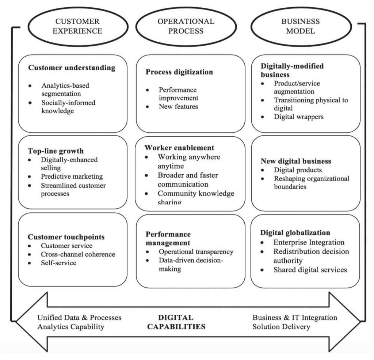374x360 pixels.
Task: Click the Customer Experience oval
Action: pyautogui.click(x=77, y=26)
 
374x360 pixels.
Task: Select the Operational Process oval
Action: pyautogui.click(x=186, y=26)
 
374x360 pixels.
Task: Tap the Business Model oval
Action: pyautogui.click(x=300, y=26)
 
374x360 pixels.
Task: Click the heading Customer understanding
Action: pyautogui.click(x=72, y=68)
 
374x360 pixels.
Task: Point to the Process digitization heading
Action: pyautogui.click(x=179, y=72)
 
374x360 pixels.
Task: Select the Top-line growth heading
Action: pyautogui.click(x=56, y=151)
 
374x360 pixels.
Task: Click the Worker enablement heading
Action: pyautogui.click(x=179, y=148)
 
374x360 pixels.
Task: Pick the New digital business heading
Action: pyautogui.click(x=296, y=161)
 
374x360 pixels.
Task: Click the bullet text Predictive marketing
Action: pyautogui.click(x=72, y=177)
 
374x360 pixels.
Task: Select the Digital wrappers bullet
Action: pyautogui.click(x=298, y=117)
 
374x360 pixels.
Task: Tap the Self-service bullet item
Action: pyautogui.click(x=59, y=262)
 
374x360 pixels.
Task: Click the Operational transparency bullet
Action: pyautogui.click(x=196, y=252)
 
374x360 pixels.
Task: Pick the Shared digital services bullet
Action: pyautogui.click(x=310, y=270)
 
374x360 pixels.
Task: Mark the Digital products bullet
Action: pyautogui.click(x=298, y=170)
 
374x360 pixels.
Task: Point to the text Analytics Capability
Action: pyautogui.click(x=71, y=326)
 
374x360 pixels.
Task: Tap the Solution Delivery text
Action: pyautogui.click(x=281, y=326)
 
